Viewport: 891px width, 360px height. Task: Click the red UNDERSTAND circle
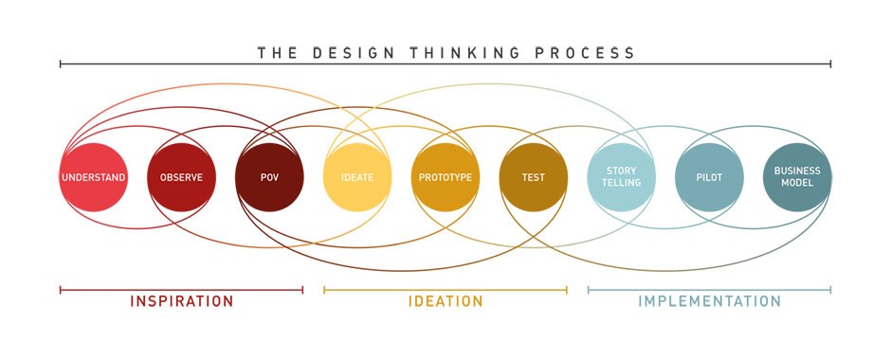(x=93, y=177)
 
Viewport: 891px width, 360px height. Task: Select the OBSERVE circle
(x=181, y=177)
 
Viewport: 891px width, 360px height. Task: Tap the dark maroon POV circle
(x=269, y=177)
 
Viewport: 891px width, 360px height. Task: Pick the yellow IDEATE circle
(x=356, y=177)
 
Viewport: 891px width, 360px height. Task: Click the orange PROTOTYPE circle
(x=445, y=177)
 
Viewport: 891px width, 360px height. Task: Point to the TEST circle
(x=533, y=177)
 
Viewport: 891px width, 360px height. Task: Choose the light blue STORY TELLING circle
(x=621, y=177)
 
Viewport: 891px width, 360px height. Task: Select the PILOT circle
(x=709, y=177)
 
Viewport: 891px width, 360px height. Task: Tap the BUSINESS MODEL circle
(x=797, y=177)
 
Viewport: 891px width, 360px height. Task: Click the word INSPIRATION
(x=181, y=302)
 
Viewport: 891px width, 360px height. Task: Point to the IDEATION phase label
(x=445, y=302)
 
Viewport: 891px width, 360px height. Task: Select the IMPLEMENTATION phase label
(x=709, y=302)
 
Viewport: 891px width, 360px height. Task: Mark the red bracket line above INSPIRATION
(x=181, y=290)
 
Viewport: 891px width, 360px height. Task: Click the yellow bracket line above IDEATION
(x=445, y=290)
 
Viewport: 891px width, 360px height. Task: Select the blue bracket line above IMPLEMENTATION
(x=709, y=290)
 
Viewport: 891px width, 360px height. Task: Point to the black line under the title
(x=445, y=64)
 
